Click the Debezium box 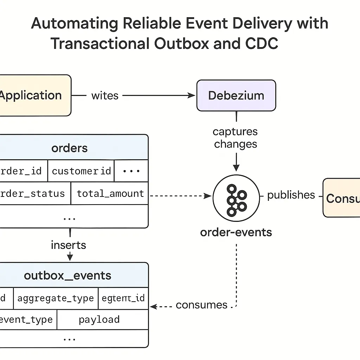(x=236, y=96)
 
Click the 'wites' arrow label (x=105, y=96)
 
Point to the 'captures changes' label (x=236, y=138)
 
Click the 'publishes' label (x=291, y=195)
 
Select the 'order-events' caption (x=236, y=232)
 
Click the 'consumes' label (x=201, y=305)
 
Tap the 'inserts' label (x=69, y=245)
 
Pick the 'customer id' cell (x=81, y=171)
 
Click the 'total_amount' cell (x=110, y=193)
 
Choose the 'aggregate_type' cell (x=56, y=298)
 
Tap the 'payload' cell (x=99, y=320)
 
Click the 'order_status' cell (x=33, y=193)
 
